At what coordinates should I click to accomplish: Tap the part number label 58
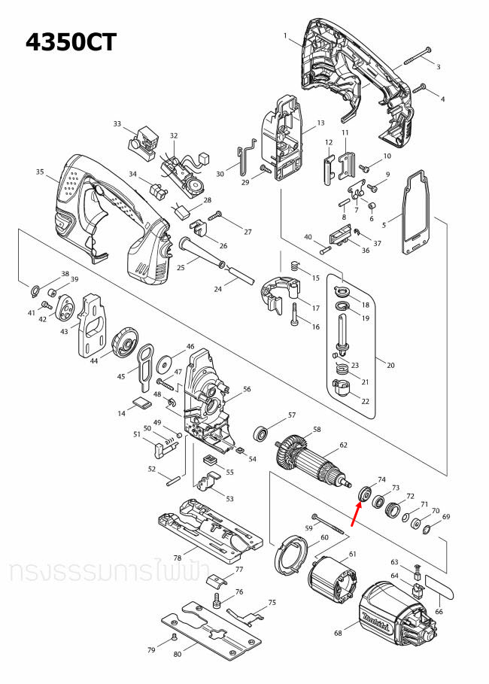click(x=317, y=430)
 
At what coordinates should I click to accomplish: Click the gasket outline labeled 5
click(x=412, y=214)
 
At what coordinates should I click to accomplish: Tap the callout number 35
click(x=40, y=172)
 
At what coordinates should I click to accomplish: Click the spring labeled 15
click(x=295, y=266)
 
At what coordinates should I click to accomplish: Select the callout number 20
click(x=390, y=365)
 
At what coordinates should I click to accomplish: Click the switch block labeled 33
click(x=144, y=140)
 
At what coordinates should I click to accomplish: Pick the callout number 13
click(x=320, y=123)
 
